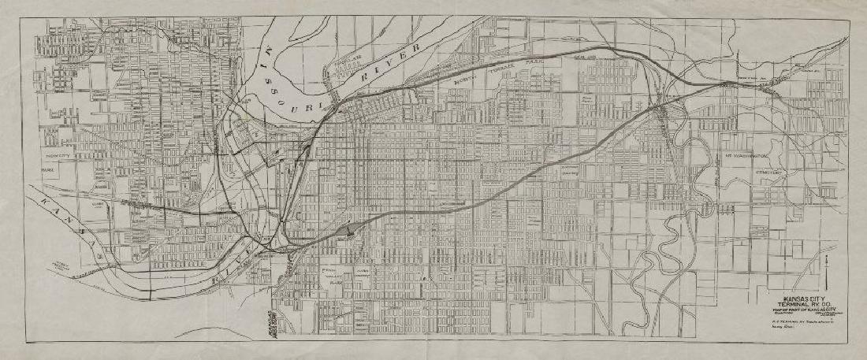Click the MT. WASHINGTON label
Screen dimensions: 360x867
745,157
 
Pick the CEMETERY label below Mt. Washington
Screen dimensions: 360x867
767,172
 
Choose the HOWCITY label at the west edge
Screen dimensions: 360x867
54,156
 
